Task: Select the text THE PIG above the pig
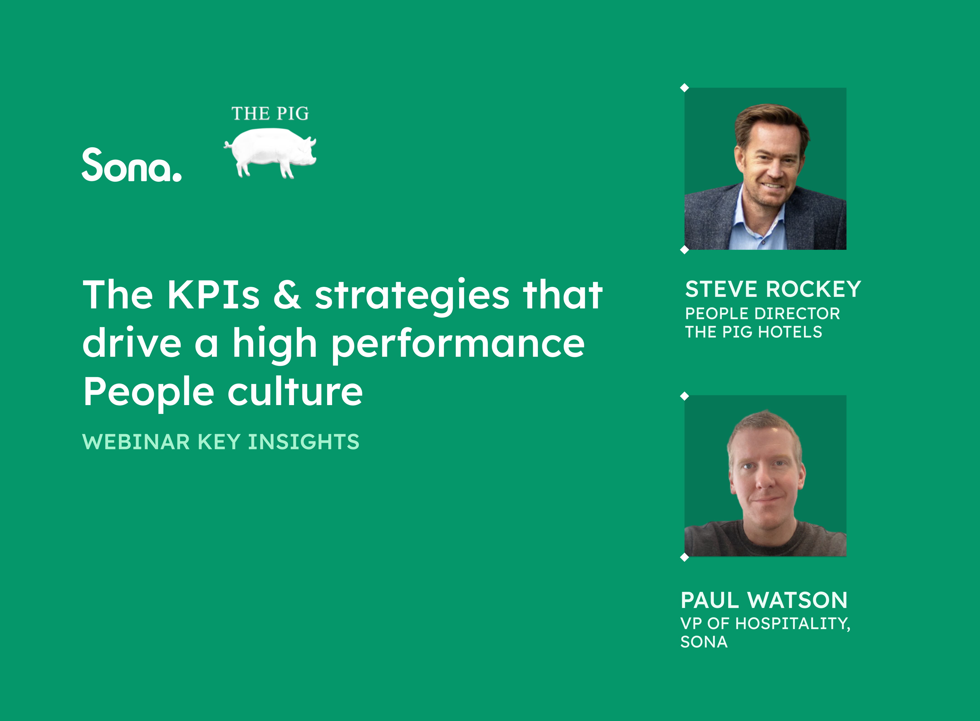(x=270, y=113)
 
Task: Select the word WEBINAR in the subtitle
(x=136, y=442)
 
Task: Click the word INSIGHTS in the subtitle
(x=304, y=442)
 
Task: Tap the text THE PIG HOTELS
(x=753, y=332)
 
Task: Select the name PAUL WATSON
(x=764, y=600)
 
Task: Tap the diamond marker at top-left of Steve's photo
(x=684, y=88)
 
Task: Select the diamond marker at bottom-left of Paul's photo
(x=684, y=557)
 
